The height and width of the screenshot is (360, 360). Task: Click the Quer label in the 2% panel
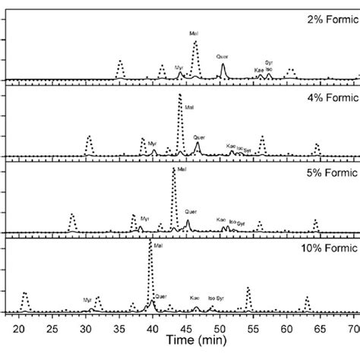tap(222, 55)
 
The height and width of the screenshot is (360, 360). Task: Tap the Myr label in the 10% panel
tap(88, 300)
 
